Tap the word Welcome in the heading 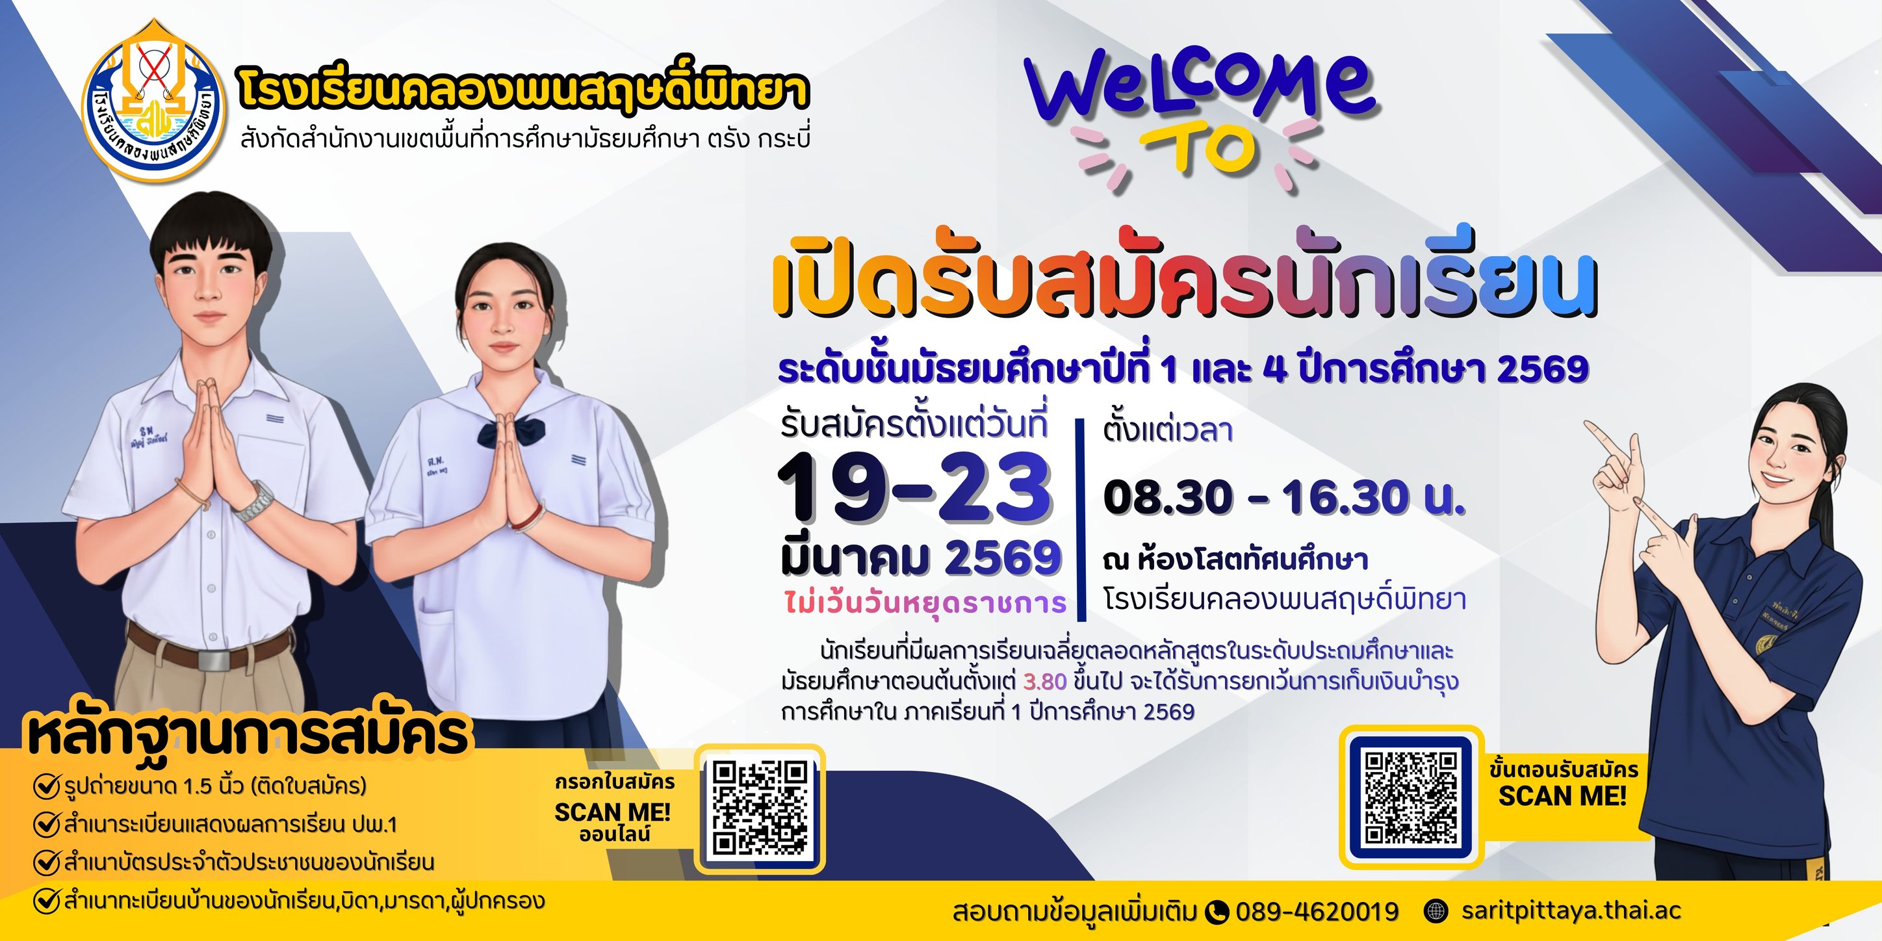coord(1201,89)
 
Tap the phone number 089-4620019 coord(1317,911)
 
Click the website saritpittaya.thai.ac coord(1571,910)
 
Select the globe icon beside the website coord(1436,911)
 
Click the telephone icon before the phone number coord(1217,912)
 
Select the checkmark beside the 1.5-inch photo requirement coord(46,787)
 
